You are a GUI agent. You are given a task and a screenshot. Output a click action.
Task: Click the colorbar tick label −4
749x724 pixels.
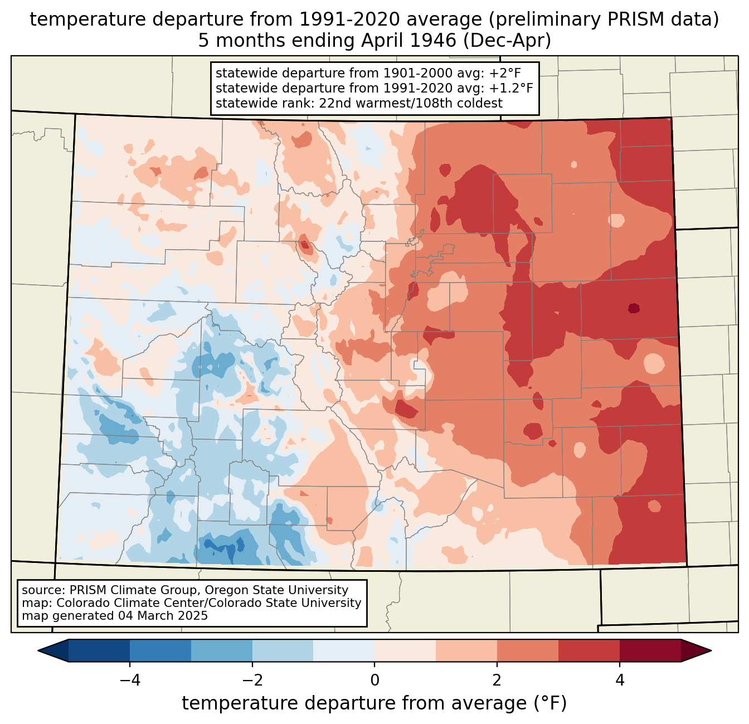point(130,681)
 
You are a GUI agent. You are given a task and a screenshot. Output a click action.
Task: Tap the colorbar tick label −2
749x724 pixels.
point(252,681)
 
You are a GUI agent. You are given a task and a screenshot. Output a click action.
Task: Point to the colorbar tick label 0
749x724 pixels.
point(374,681)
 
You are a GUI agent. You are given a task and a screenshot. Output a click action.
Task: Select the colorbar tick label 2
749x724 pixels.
point(497,681)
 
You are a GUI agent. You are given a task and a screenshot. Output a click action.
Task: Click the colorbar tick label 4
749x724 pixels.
point(619,681)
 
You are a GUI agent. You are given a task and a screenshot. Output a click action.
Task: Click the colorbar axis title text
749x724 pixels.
point(374,703)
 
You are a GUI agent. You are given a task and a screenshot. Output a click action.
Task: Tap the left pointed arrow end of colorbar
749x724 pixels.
point(53,651)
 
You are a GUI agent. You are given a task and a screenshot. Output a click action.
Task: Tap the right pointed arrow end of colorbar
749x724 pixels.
point(696,651)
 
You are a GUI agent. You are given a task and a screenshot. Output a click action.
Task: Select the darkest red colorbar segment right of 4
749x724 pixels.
point(650,651)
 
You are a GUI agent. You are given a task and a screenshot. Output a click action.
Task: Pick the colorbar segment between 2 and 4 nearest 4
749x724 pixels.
point(589,651)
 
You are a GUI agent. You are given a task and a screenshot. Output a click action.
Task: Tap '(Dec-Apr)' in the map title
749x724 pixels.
point(507,41)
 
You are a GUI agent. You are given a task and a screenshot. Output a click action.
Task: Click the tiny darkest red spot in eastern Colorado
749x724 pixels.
point(634,308)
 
